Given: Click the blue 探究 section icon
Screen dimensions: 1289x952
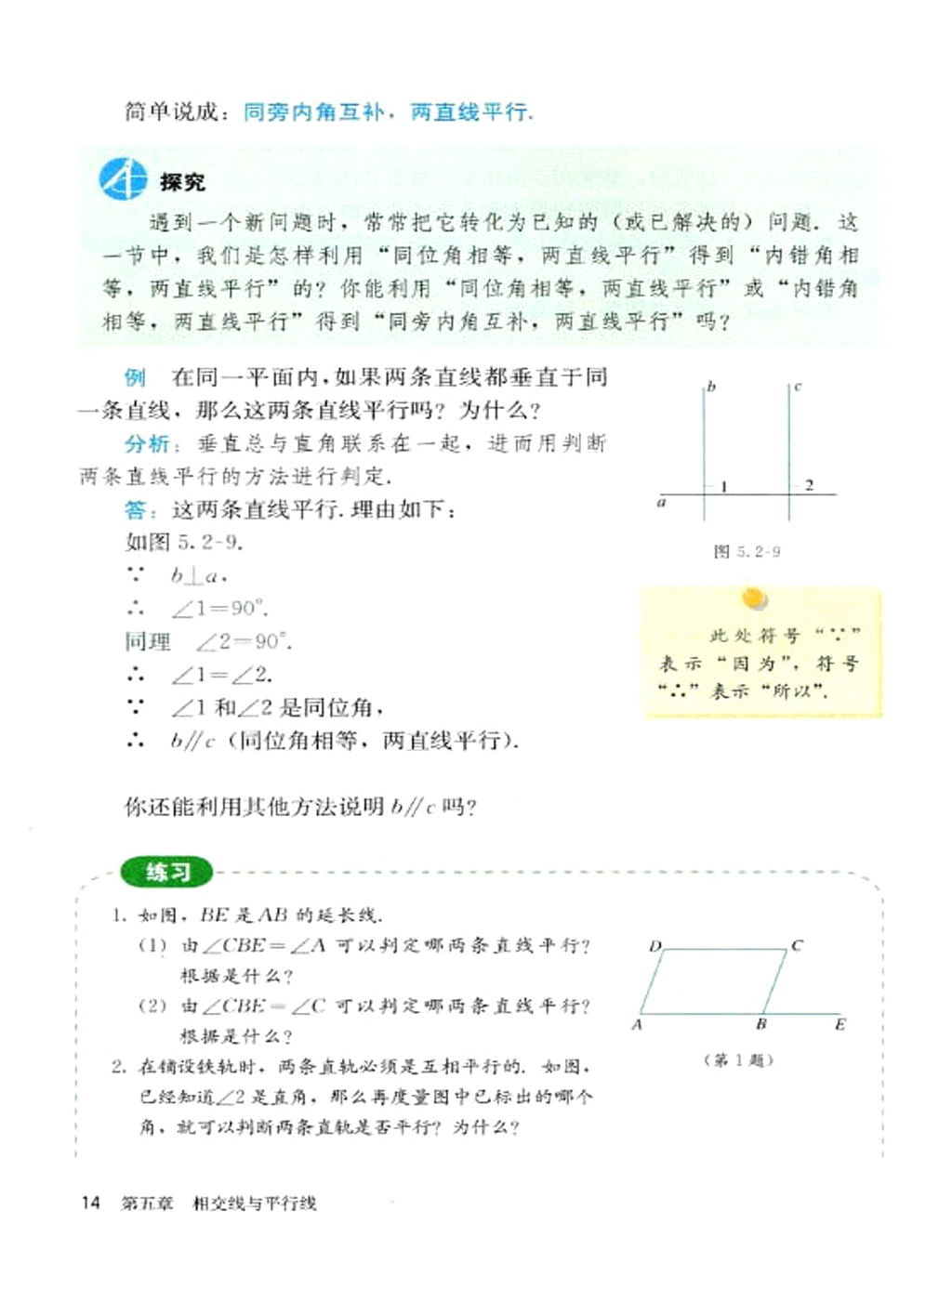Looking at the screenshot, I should pos(122,179).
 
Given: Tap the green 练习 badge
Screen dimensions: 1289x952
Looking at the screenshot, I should pos(167,872).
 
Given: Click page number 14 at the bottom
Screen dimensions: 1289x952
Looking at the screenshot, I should pos(90,1203).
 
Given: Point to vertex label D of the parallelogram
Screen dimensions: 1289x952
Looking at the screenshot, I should pos(654,946).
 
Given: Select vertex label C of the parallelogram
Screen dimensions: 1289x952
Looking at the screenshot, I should pos(797,946).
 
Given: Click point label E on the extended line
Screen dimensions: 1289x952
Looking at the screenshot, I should pos(840,1024).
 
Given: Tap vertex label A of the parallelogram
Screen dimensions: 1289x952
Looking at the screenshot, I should pos(637,1025).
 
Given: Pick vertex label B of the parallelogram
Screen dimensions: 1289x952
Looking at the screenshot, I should pos(760,1024).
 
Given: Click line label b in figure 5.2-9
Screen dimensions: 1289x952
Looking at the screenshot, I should pos(711,387).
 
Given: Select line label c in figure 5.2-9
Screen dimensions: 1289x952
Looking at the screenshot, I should pos(798,387).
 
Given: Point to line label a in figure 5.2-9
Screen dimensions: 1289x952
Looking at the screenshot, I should pos(661,503).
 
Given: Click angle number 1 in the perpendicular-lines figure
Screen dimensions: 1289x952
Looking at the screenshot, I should pos(723,485).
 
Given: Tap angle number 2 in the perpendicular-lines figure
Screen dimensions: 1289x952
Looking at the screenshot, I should pos(809,485).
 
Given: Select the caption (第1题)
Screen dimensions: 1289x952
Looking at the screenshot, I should pos(739,1059).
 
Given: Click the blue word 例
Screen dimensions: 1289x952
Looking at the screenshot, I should pos(135,377).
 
